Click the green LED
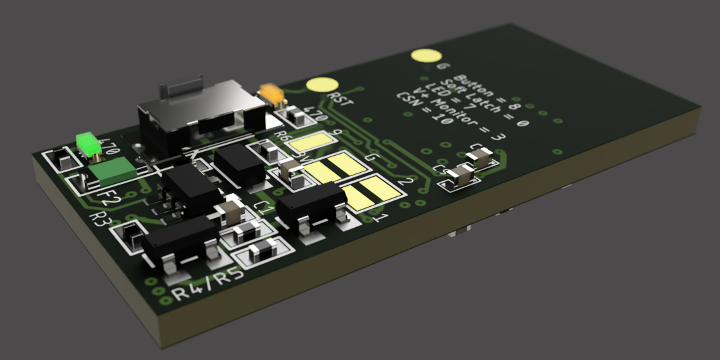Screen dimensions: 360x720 tap(86, 143)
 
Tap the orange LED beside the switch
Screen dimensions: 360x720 tap(272, 93)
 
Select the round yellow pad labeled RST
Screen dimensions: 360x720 tap(322, 84)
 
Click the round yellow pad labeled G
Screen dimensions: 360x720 tap(425, 56)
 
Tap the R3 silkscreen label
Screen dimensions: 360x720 tap(103, 219)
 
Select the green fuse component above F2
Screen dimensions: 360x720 tap(112, 171)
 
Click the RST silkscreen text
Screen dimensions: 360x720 tap(342, 99)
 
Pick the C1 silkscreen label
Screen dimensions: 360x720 tap(264, 209)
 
